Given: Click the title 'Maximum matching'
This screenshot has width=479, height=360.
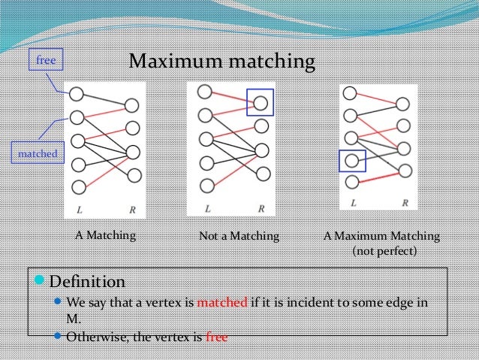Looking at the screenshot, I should coord(221,61).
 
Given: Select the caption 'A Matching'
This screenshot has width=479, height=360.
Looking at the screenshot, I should coord(105,235).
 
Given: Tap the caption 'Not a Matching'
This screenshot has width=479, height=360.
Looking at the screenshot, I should coord(239,236).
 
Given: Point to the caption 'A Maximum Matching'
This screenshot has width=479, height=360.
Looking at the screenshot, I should coord(381,236).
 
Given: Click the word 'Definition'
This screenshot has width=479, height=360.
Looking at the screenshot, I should coord(87,283).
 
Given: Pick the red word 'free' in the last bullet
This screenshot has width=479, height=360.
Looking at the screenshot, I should coord(216,336).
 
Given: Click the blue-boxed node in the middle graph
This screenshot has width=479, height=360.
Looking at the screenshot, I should coord(261,102).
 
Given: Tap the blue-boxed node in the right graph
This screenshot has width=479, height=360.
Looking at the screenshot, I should coord(351,160).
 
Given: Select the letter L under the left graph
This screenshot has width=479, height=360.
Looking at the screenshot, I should coord(80,208).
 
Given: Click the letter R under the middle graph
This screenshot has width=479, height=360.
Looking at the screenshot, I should coord(261,208).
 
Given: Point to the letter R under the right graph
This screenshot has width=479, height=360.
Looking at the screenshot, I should coord(405,203).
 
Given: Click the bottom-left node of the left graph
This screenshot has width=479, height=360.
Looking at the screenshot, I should coord(77,187).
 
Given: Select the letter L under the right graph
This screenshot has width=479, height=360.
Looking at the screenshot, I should coord(353,203).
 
